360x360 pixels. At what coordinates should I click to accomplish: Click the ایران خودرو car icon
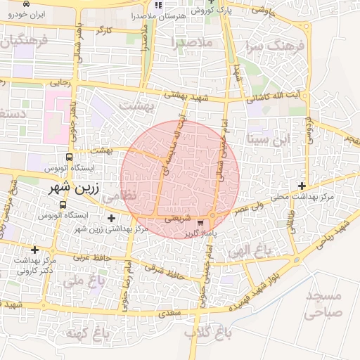(26, 4)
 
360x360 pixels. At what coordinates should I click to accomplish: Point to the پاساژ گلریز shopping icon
(202, 223)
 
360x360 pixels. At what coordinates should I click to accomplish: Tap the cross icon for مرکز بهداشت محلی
(302, 186)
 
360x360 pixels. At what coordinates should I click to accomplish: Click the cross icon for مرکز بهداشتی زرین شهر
(112, 219)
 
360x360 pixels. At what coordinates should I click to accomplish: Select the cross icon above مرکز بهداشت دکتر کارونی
(34, 250)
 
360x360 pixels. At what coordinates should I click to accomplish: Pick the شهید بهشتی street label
(187, 98)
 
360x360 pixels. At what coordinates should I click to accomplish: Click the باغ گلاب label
(208, 331)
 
